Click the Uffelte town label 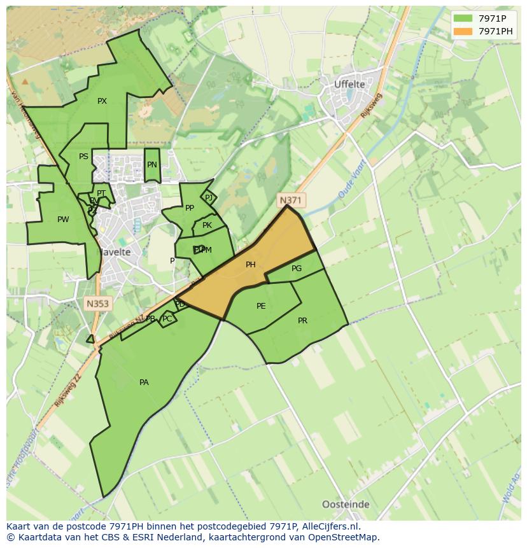pos(349,84)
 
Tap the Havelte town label pos(115,252)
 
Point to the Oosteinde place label pos(346,505)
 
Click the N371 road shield pos(290,200)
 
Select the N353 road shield pos(97,304)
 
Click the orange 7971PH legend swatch pos(463,31)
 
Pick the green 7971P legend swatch pos(463,18)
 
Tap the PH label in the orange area pos(251,265)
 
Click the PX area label pos(102,101)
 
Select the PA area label pos(144,383)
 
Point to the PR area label pos(302,321)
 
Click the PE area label pos(261,306)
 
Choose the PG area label pos(297,269)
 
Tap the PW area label pos(63,220)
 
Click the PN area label pos(151,165)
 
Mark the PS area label pos(83,157)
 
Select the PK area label pos(207,225)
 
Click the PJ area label pos(209,198)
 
